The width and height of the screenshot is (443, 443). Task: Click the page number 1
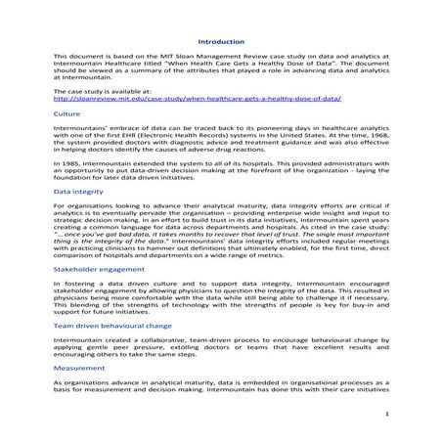[x=387, y=414]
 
